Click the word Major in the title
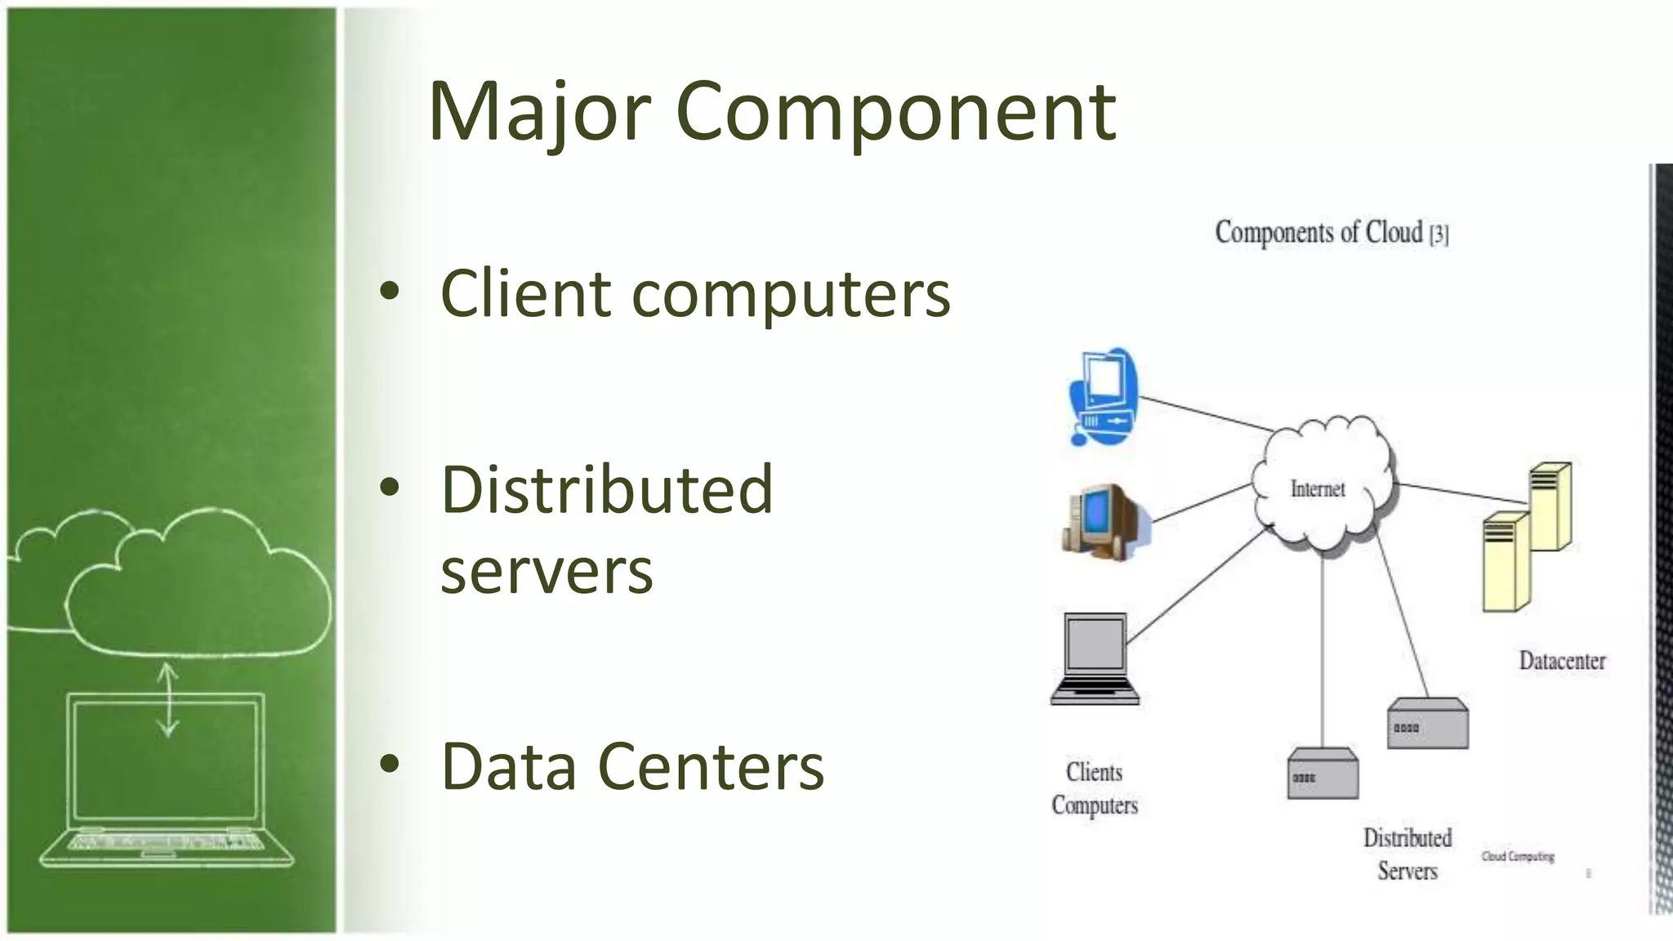coord(539,112)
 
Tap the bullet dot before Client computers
coord(390,291)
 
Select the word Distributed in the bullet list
coord(607,489)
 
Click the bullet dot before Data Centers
coord(390,764)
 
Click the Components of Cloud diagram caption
coord(1331,233)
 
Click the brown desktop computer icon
coord(1104,521)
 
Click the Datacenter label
coord(1561,660)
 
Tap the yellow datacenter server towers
coord(1525,536)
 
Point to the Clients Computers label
coord(1094,788)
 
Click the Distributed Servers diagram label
coord(1407,854)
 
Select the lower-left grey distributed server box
coord(1323,774)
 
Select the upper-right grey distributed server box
coord(1427,724)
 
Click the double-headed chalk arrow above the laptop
coord(167,699)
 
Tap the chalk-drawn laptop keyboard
coord(167,841)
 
